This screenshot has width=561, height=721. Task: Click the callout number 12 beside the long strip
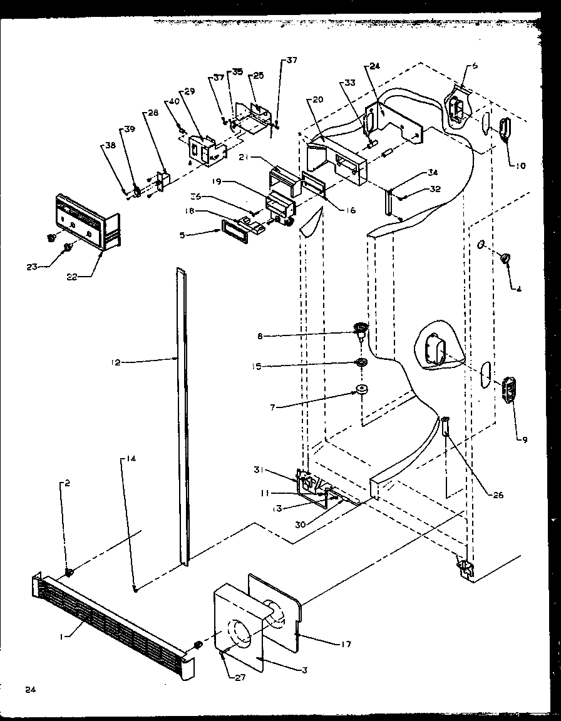[x=116, y=362]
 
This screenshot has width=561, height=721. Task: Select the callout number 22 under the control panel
[x=73, y=277]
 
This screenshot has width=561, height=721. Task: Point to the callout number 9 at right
[x=525, y=439]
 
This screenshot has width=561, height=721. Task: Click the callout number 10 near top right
[x=521, y=166]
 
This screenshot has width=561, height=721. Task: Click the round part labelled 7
[x=362, y=392]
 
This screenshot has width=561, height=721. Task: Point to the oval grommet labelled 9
[x=510, y=392]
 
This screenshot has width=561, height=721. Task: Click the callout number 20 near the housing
[x=318, y=100]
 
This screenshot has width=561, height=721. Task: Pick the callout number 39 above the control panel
[x=129, y=129]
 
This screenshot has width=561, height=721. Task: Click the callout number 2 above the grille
[x=66, y=483]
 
